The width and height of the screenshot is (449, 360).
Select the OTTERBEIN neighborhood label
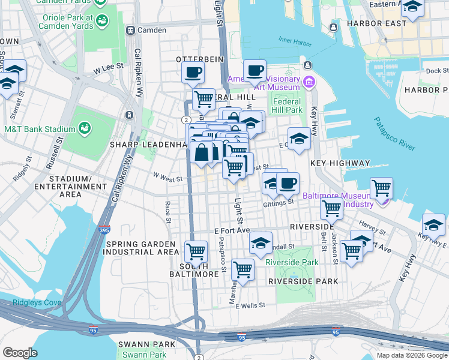(x=199, y=59)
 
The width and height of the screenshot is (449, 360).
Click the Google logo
(x=20, y=353)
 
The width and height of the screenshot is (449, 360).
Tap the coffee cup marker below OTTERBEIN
(x=193, y=73)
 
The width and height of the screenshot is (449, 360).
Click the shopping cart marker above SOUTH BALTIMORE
(x=196, y=252)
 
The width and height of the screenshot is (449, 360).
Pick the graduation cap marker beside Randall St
(x=261, y=243)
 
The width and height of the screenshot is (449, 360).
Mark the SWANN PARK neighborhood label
(x=147, y=344)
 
